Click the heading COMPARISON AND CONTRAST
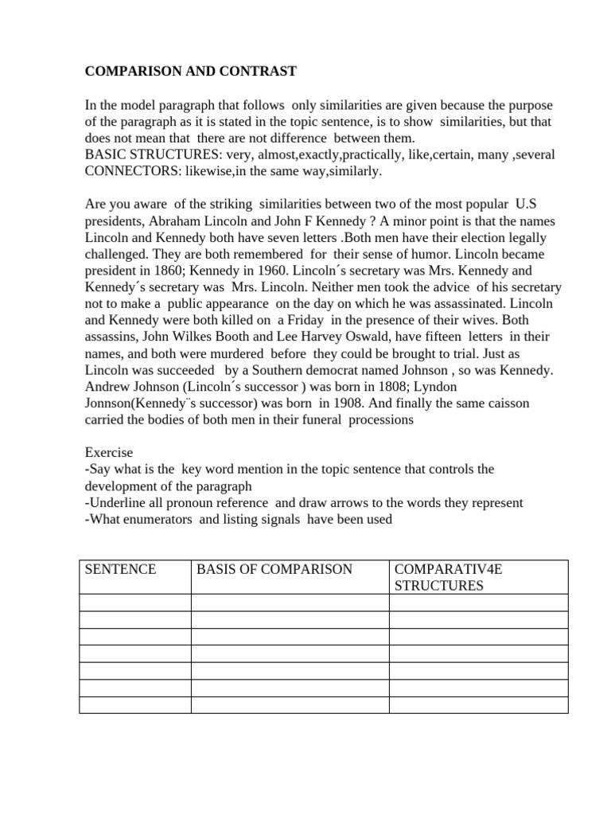(x=191, y=72)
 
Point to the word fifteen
(x=432, y=337)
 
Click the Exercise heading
(x=109, y=452)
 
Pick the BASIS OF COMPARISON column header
(x=274, y=569)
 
